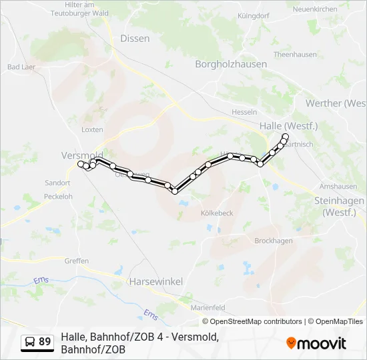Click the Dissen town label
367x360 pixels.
135,39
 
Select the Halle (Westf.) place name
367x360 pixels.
288,126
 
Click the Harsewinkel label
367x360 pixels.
156,281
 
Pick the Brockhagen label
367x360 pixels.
274,241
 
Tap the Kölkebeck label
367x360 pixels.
217,213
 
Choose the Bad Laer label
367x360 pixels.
21,67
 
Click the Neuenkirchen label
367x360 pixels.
315,9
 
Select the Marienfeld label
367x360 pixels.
208,307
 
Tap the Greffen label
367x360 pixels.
77,261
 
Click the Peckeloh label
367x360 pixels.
58,197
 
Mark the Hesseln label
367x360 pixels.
244,112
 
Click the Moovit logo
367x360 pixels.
316,343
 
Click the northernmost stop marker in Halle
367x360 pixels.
286,137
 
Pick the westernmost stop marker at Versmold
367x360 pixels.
81,164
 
